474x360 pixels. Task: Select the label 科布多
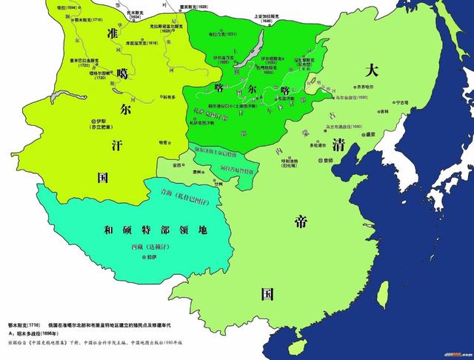[x=170, y=96]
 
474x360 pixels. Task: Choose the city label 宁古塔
[x=401, y=103]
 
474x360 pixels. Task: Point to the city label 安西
[x=178, y=164]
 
